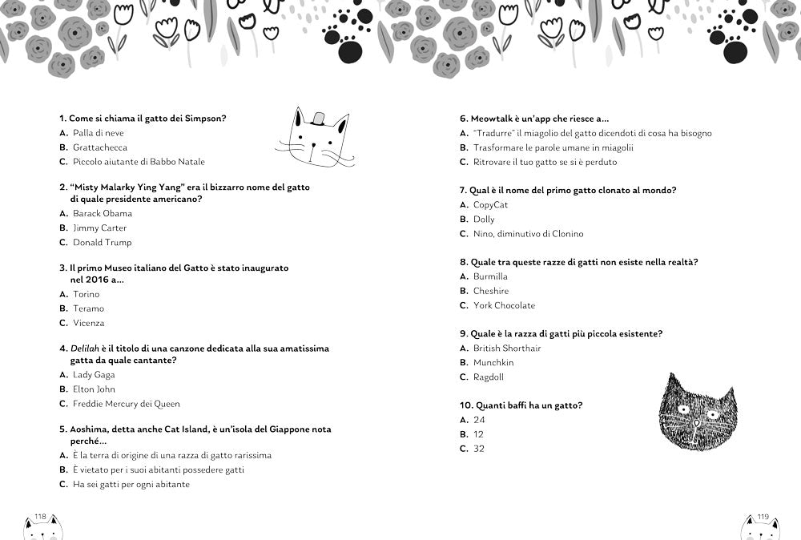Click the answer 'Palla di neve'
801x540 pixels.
click(98, 133)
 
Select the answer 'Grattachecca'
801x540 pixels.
click(99, 147)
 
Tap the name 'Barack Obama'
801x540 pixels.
click(102, 214)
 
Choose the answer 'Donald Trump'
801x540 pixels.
click(102, 243)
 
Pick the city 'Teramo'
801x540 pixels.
click(88, 308)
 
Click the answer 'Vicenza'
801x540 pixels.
click(88, 323)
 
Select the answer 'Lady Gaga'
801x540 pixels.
click(94, 375)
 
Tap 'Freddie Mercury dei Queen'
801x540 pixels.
click(126, 404)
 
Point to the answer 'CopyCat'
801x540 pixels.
click(490, 205)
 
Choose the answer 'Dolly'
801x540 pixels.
click(484, 220)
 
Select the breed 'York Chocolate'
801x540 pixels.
click(504, 305)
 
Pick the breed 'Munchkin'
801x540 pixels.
click(493, 363)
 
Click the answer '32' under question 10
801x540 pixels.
click(479, 449)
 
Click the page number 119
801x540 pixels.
click(763, 517)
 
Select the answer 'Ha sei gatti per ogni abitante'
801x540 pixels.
click(131, 485)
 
